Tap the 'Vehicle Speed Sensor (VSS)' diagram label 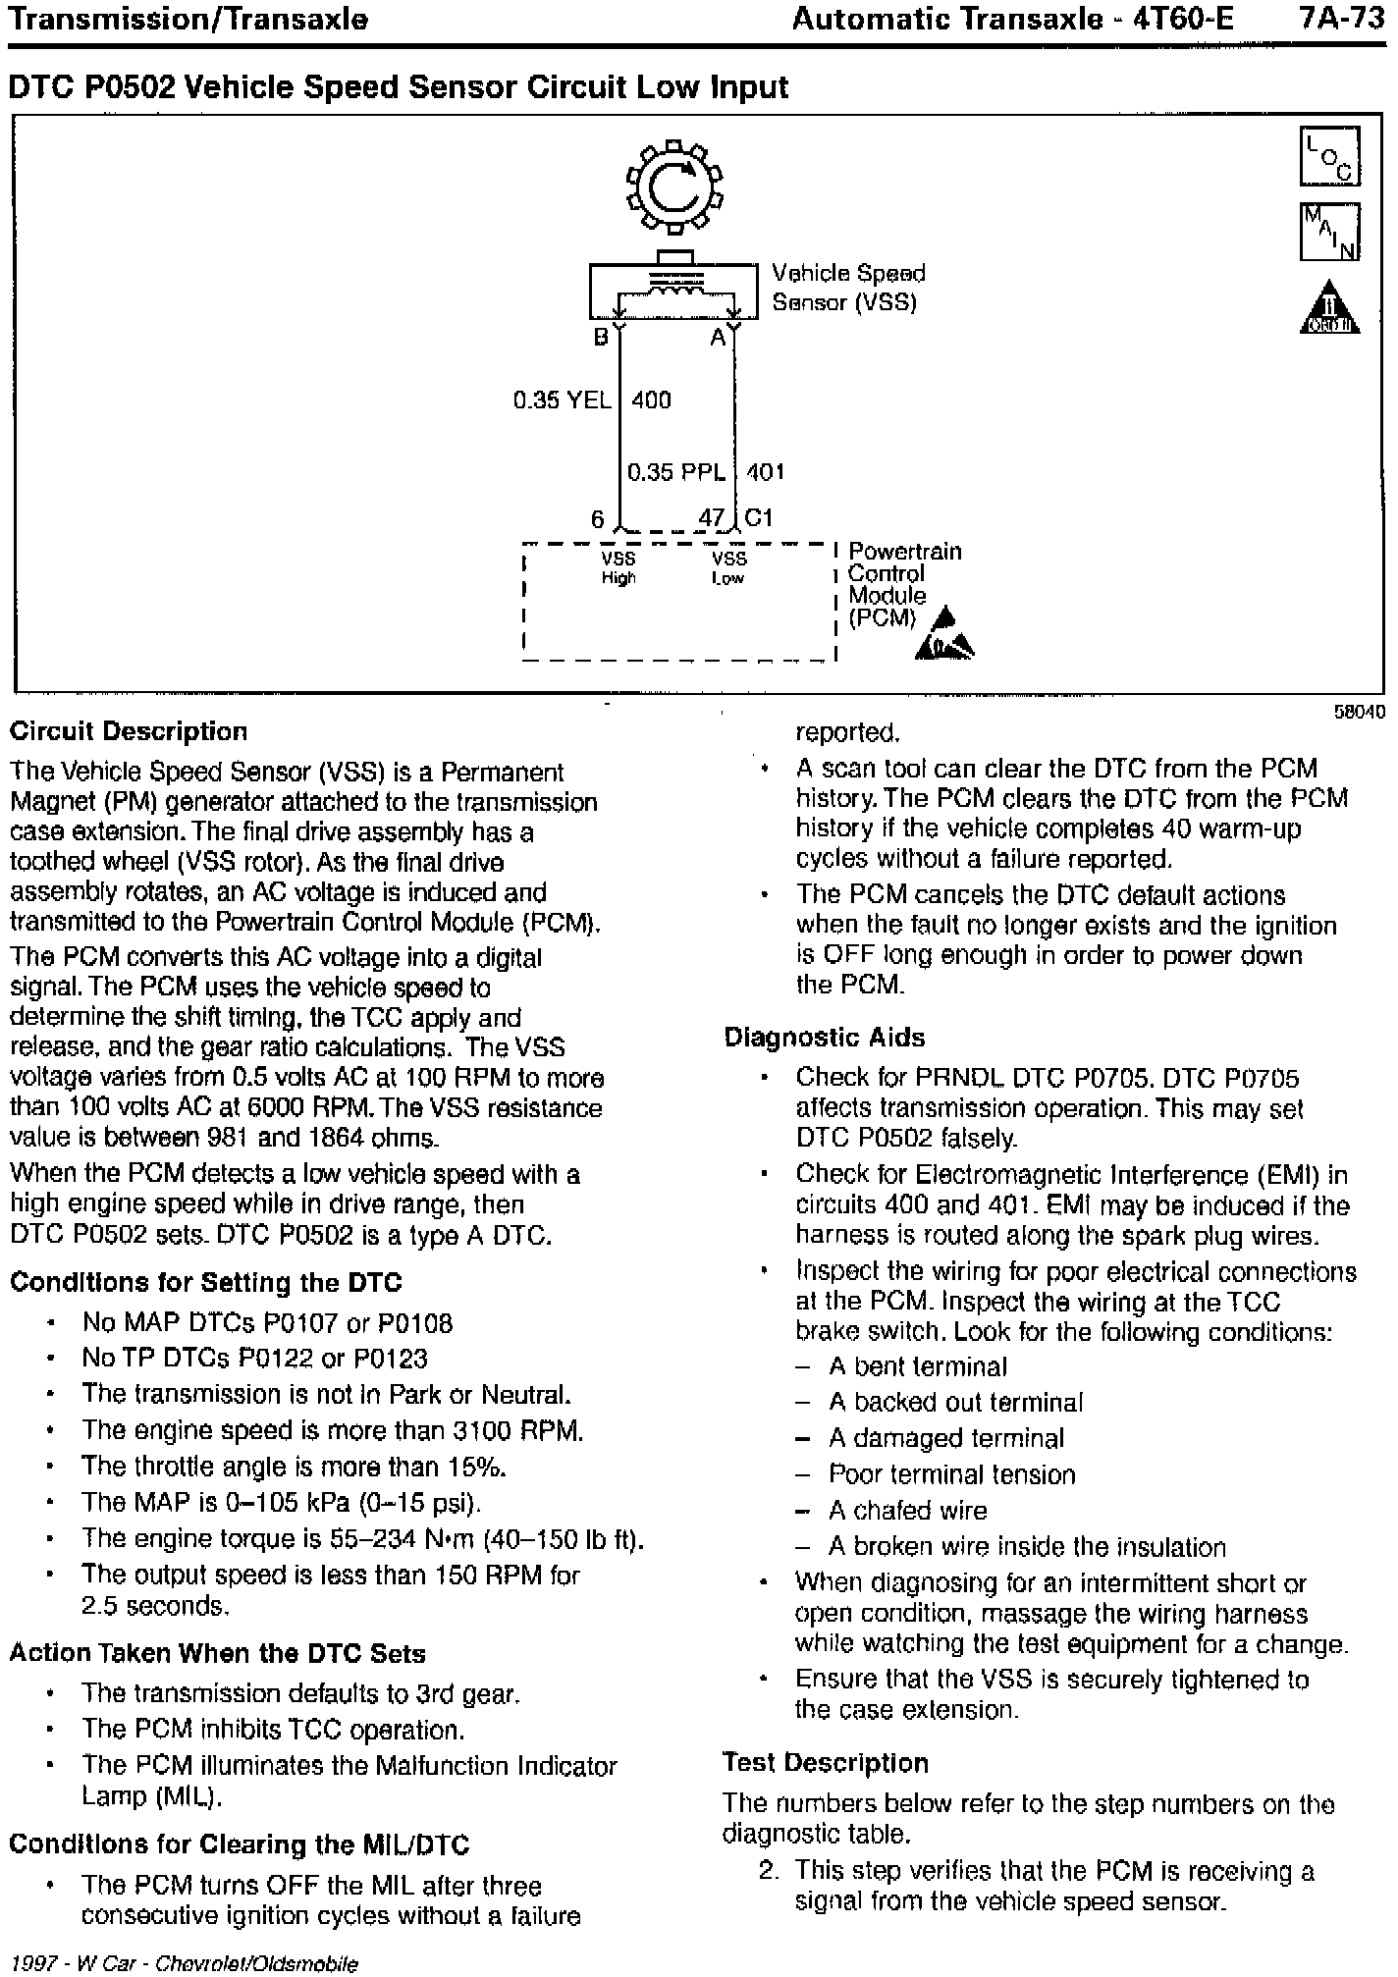pos(847,288)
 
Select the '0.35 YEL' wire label pos(562,401)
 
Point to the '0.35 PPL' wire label pos(675,473)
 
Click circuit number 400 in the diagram pos(651,401)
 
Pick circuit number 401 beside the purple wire pos(765,473)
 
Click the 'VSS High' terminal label pos(618,568)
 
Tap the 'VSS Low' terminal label pos(728,568)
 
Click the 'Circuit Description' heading pos(129,732)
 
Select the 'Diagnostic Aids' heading pos(825,1038)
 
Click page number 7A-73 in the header pos(1340,20)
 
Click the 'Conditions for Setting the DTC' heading pos(206,1283)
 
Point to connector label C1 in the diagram pos(759,517)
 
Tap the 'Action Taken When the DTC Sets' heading pos(217,1653)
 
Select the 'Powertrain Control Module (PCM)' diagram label pos(903,584)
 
